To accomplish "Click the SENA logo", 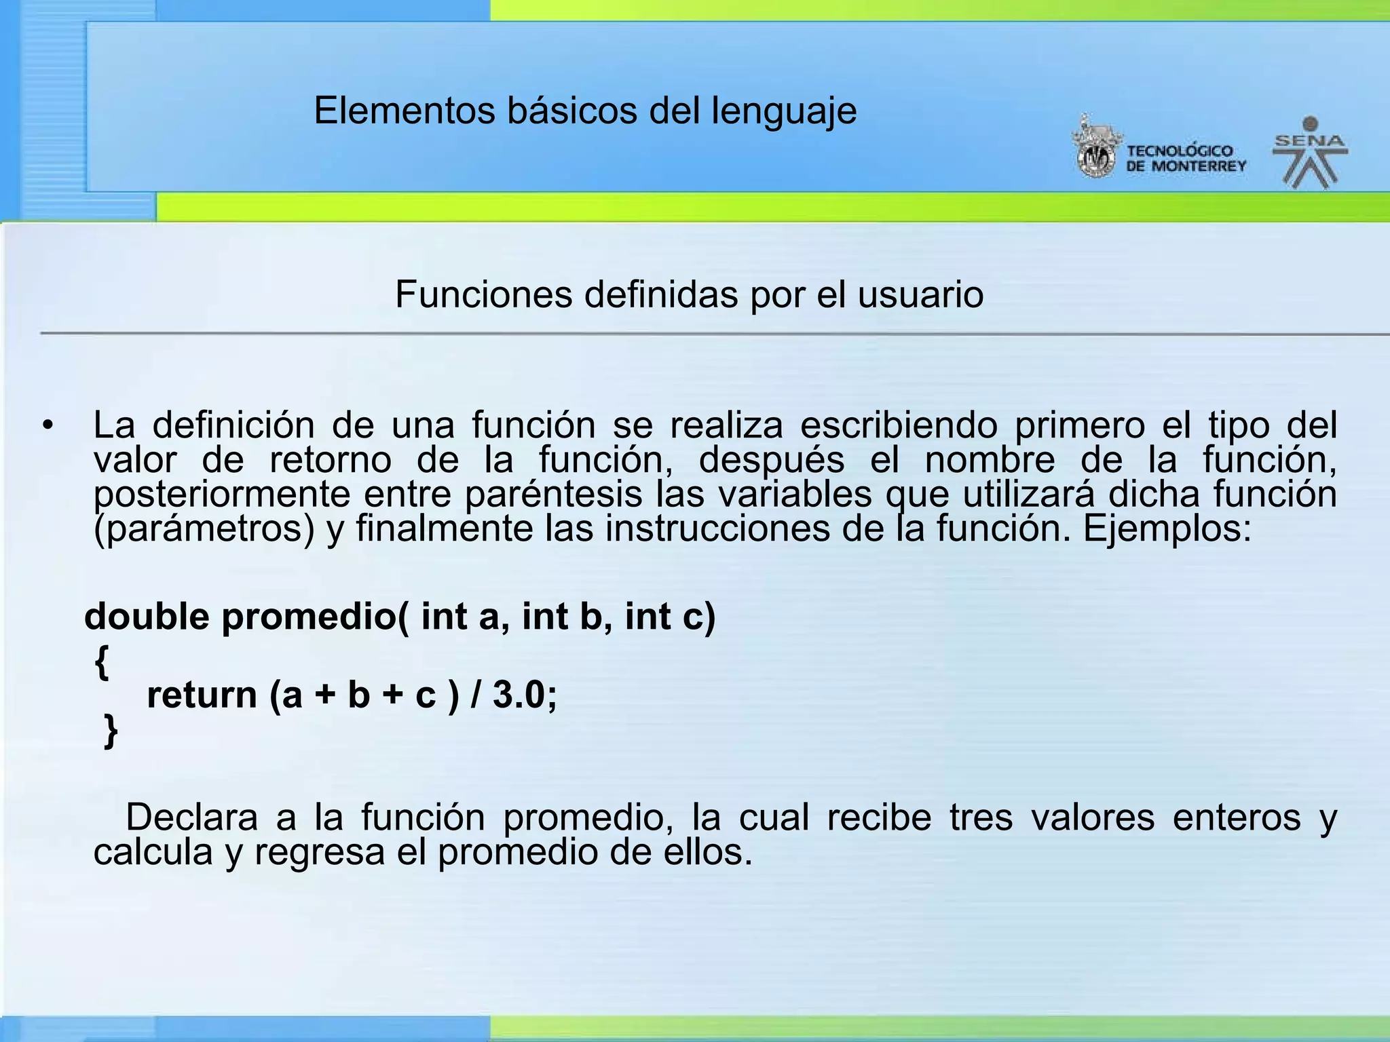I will [x=1310, y=153].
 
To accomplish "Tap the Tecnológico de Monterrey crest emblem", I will [x=1095, y=149].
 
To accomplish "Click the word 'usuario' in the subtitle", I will [x=920, y=295].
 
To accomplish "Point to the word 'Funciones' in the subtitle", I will [x=483, y=295].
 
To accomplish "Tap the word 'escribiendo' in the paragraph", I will [x=899, y=426].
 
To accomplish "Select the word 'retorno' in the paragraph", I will [x=331, y=461].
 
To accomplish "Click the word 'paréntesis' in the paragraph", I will [x=553, y=495].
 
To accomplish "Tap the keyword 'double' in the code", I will [x=147, y=617].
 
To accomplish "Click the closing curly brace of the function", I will [x=111, y=731].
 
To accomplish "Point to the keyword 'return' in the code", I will [x=202, y=695].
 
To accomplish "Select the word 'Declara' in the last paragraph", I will [x=191, y=817].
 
